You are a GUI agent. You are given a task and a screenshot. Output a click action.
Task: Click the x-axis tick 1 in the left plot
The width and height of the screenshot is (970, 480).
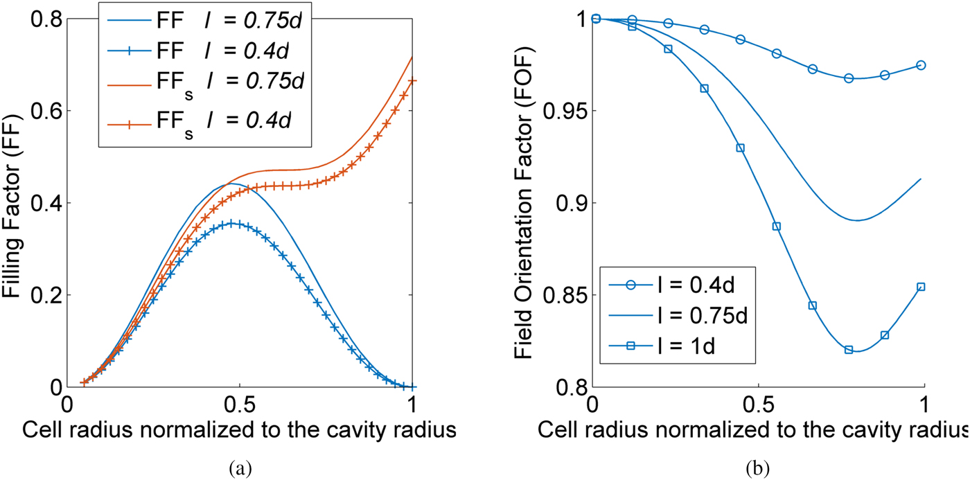coord(413,404)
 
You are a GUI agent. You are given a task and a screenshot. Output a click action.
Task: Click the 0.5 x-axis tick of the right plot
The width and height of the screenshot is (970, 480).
coord(759,404)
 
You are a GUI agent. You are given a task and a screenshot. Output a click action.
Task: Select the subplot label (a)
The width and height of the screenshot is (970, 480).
coord(240,468)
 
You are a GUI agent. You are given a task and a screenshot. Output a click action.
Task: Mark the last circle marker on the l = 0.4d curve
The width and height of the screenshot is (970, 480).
coord(921,65)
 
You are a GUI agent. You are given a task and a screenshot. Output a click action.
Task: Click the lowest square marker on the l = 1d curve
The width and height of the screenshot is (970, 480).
coord(849,350)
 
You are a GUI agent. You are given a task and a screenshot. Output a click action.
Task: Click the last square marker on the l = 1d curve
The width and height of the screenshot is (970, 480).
coord(921,287)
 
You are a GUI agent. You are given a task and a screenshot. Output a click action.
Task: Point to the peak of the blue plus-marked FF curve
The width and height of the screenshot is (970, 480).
coord(235,223)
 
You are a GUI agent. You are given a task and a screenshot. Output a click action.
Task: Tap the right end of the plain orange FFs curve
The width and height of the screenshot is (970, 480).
coord(413,57)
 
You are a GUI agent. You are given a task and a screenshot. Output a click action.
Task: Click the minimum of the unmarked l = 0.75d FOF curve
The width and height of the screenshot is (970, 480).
coord(858,220)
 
